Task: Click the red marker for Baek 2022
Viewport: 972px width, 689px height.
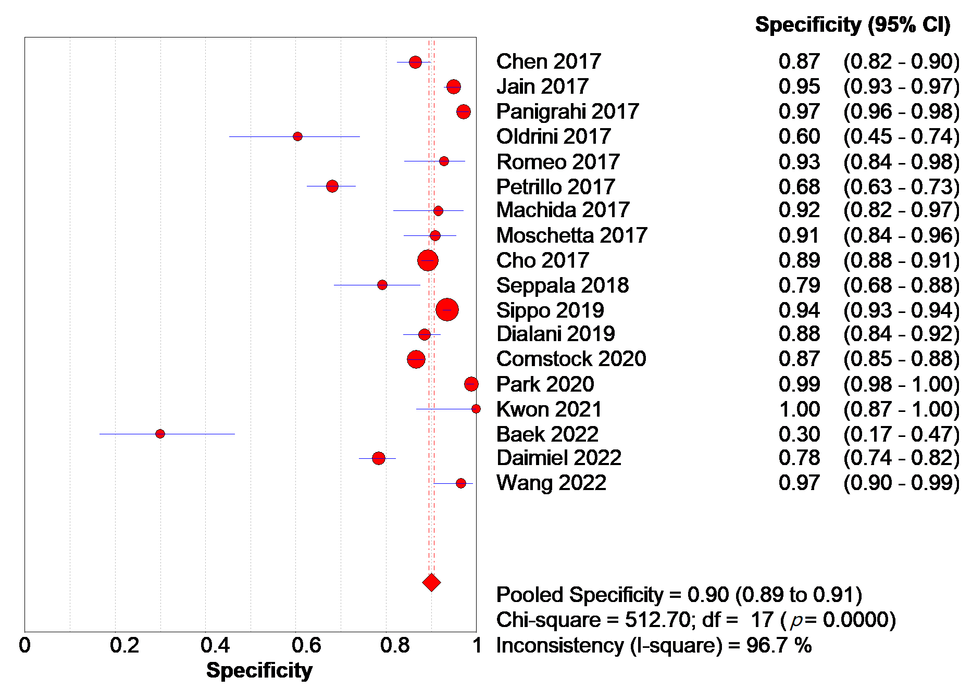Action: click(x=160, y=434)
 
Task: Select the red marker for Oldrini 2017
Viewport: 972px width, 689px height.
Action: click(x=297, y=136)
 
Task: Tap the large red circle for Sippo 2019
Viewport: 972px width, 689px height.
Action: click(x=447, y=310)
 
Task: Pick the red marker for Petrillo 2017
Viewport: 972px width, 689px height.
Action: click(x=332, y=186)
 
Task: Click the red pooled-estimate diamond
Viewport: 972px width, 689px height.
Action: click(x=431, y=582)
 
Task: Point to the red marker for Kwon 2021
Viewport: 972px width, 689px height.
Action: click(x=476, y=409)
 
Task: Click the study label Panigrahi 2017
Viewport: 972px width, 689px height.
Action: click(x=567, y=111)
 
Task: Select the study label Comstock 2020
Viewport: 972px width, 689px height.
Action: click(x=571, y=359)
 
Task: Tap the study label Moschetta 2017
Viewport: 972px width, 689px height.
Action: click(x=571, y=235)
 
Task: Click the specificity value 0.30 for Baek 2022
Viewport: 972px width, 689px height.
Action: click(x=799, y=434)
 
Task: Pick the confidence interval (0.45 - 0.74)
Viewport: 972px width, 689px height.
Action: click(x=901, y=136)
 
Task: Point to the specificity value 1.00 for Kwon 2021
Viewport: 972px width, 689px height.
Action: click(x=799, y=409)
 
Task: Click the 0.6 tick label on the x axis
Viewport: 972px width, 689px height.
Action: click(x=306, y=646)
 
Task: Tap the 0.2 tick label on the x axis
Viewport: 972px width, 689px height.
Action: click(x=124, y=646)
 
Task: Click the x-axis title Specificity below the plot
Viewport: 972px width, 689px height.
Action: click(x=259, y=670)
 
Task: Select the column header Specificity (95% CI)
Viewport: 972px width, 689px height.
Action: click(x=852, y=24)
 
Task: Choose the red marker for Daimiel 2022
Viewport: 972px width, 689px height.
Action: click(x=379, y=458)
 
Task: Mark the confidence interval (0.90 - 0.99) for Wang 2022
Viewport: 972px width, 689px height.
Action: click(x=901, y=483)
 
